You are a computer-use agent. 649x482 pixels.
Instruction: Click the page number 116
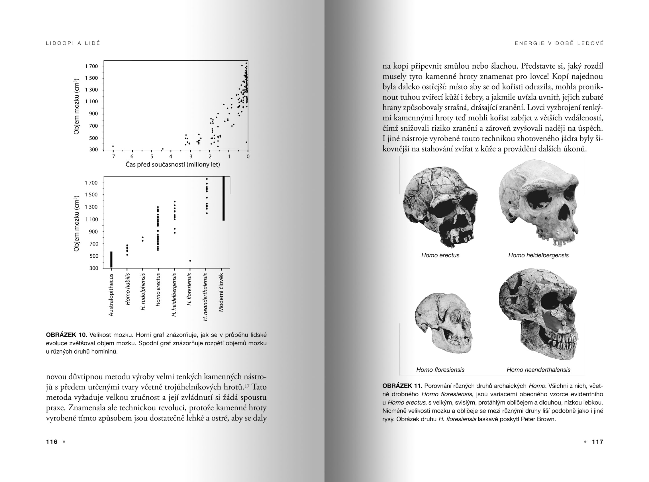click(x=52, y=442)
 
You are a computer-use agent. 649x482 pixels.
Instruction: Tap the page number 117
click(x=597, y=442)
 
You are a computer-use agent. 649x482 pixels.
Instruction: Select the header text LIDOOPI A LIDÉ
click(x=73, y=43)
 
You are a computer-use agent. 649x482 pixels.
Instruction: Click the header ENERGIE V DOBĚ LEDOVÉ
click(x=559, y=43)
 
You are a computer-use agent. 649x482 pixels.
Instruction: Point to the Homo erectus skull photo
click(x=440, y=206)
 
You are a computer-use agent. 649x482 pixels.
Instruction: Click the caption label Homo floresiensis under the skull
click(x=440, y=370)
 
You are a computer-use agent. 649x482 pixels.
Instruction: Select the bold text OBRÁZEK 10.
click(x=66, y=335)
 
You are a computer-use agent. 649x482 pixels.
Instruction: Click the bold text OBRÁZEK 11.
click(x=402, y=386)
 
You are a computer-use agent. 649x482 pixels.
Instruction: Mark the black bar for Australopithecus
click(x=111, y=259)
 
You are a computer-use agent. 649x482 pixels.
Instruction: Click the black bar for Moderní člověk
click(x=223, y=198)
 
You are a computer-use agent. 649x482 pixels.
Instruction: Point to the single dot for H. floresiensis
click(x=190, y=261)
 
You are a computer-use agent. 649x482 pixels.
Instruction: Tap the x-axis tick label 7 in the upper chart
click(x=113, y=157)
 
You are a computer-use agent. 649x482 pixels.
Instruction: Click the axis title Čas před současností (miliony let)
click(x=173, y=165)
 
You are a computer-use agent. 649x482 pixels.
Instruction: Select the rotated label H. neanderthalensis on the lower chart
click(x=205, y=297)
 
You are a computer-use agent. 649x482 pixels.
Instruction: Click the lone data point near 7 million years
click(x=113, y=146)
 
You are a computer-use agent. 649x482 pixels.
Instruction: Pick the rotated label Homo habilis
click(x=128, y=289)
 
